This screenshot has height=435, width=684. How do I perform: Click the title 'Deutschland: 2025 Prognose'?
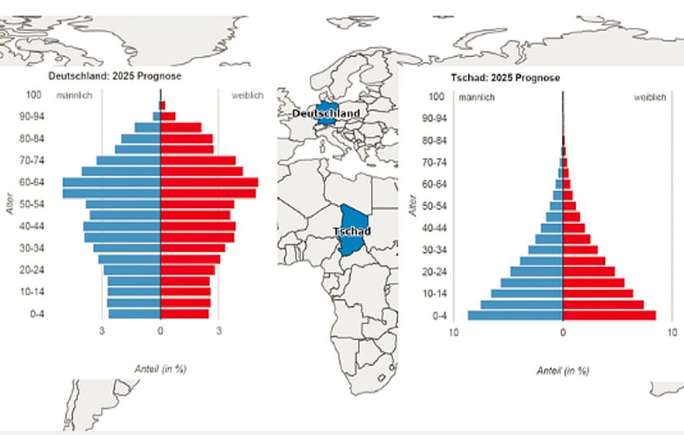tap(115, 76)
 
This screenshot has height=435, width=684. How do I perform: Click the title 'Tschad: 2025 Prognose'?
tap(505, 77)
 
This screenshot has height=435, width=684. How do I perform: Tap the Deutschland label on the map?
tap(326, 114)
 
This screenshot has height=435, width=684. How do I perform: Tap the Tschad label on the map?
tap(352, 231)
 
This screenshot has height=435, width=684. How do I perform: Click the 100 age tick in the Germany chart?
tap(34, 94)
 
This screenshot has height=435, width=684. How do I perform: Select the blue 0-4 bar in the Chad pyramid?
tap(515, 315)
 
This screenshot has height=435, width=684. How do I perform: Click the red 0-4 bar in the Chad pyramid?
tap(609, 315)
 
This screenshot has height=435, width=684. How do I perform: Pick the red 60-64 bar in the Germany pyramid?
tap(209, 182)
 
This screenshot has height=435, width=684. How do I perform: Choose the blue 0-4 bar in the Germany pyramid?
tap(134, 314)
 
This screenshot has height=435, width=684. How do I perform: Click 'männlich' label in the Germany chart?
tap(74, 96)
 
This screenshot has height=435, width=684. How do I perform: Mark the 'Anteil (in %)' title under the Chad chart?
tap(563, 371)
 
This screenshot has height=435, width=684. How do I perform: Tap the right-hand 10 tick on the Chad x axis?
tap(672, 333)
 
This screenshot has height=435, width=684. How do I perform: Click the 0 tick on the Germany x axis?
tap(160, 332)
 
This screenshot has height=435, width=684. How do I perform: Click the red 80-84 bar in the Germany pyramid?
tap(187, 138)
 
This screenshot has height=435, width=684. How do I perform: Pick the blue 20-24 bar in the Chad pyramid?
tap(537, 271)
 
